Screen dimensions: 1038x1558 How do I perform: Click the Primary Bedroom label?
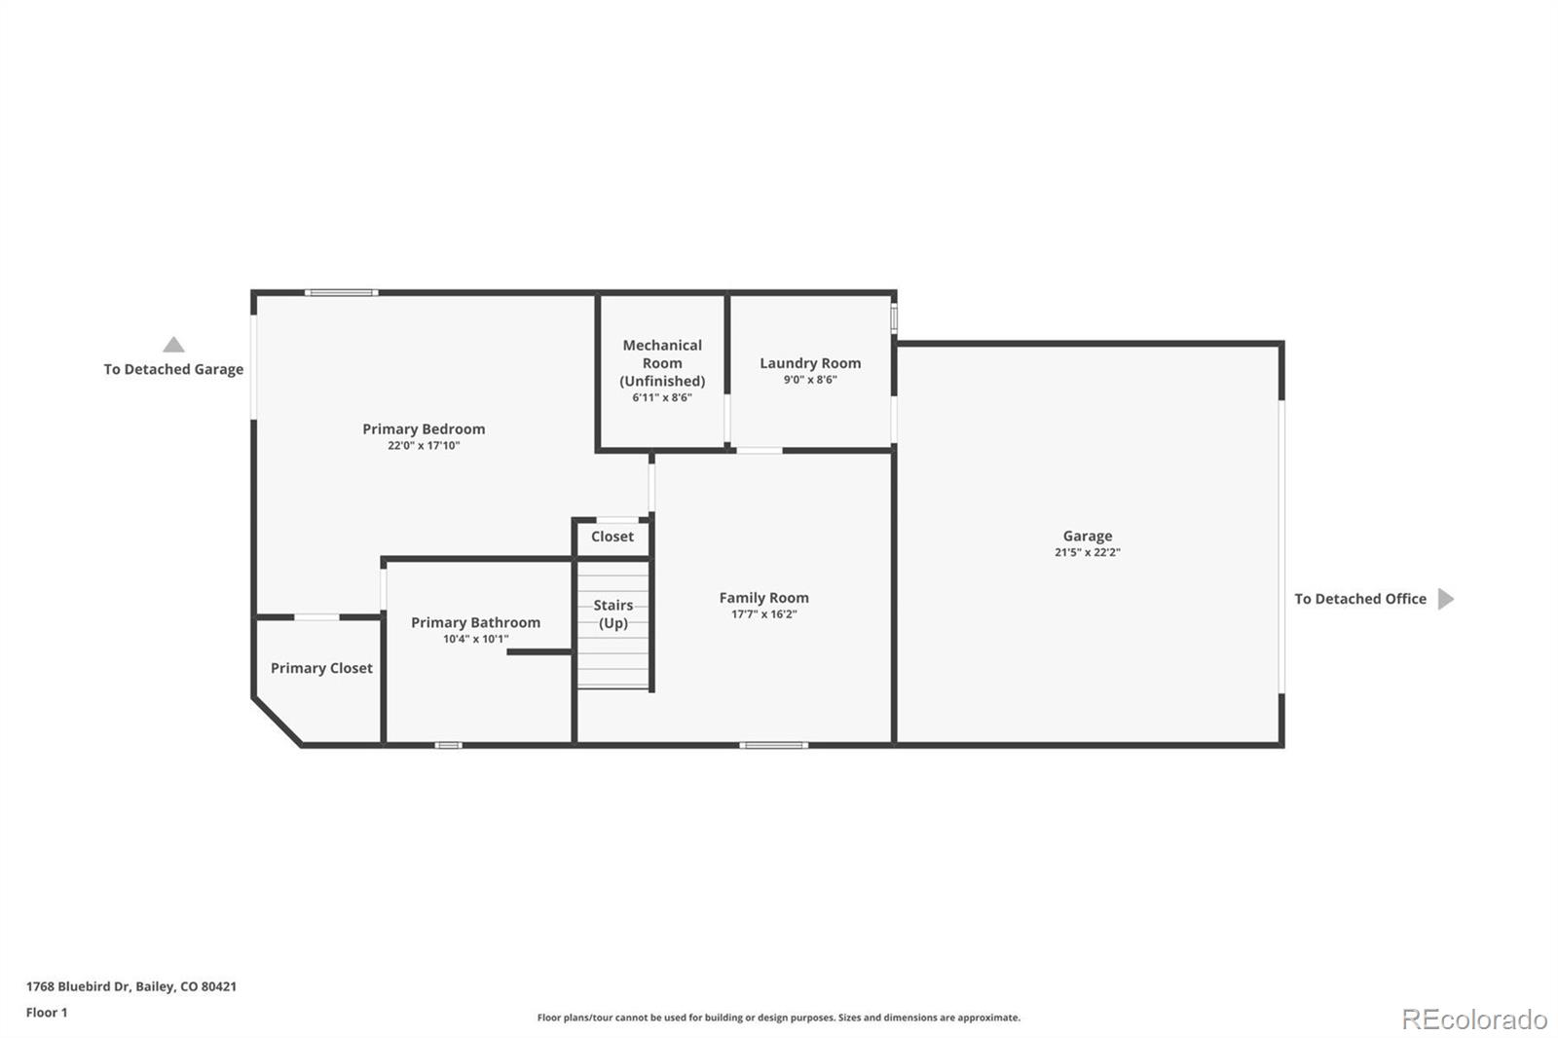click(x=424, y=428)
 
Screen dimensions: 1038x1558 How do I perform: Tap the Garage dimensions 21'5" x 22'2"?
click(x=1087, y=552)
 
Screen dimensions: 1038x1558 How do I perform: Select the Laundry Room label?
click(x=810, y=363)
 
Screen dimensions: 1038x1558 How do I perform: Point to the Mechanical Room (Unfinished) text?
click(x=662, y=363)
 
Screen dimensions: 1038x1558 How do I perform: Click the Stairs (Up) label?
click(x=613, y=614)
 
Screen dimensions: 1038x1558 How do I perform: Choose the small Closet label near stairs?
click(x=612, y=537)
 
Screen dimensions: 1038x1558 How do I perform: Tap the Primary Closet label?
click(x=321, y=668)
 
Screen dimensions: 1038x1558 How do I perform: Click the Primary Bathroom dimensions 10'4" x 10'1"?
click(x=475, y=640)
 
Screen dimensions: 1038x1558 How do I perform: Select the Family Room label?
click(x=763, y=598)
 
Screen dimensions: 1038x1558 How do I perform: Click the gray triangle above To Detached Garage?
click(x=173, y=345)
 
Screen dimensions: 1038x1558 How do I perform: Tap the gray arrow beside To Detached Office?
click(x=1445, y=599)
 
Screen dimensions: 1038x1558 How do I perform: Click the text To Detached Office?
click(x=1359, y=599)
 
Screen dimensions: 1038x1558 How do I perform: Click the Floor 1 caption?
click(x=47, y=1013)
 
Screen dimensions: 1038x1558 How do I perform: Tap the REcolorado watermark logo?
click(x=1473, y=1019)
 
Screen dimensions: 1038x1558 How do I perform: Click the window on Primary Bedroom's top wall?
click(x=341, y=292)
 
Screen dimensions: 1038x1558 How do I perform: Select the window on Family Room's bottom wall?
click(x=773, y=745)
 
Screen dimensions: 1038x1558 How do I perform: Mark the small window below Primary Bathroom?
click(x=448, y=745)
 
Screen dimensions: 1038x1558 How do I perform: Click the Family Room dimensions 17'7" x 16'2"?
click(x=763, y=614)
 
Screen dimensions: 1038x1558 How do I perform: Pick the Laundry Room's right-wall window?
click(x=894, y=319)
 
